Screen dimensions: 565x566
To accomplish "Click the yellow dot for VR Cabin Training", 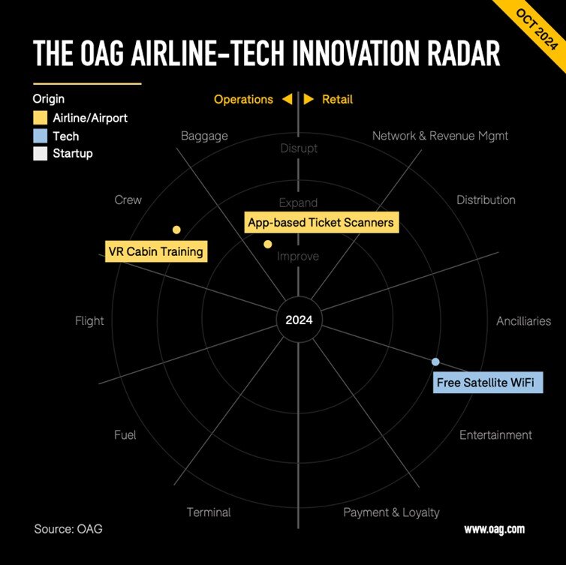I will pos(176,230).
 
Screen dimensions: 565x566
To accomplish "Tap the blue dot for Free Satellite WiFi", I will pos(435,362).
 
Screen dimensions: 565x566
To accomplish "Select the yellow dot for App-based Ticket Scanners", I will pos(267,244).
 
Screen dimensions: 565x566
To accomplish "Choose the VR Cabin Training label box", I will pos(155,251).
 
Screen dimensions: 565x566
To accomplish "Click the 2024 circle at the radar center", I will pos(299,320).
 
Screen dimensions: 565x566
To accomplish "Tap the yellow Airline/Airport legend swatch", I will pos(40,119).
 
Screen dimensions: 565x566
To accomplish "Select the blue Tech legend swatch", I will pos(40,137).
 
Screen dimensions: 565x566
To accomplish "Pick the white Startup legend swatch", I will pos(40,154).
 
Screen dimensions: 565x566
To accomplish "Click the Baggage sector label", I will pos(204,137).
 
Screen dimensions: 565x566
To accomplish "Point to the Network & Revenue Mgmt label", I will pos(440,136).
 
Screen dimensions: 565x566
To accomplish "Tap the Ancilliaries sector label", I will pos(523,321).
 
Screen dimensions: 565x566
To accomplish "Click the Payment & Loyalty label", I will pos(391,512).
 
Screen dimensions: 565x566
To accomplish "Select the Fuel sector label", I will pos(125,435).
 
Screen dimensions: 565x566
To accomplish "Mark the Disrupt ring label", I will pos(299,149).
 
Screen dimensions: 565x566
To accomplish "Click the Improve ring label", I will pos(298,257).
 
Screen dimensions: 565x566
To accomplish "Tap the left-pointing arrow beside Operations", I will pos(287,100).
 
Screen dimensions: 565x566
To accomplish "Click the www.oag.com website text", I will pos(494,529).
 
